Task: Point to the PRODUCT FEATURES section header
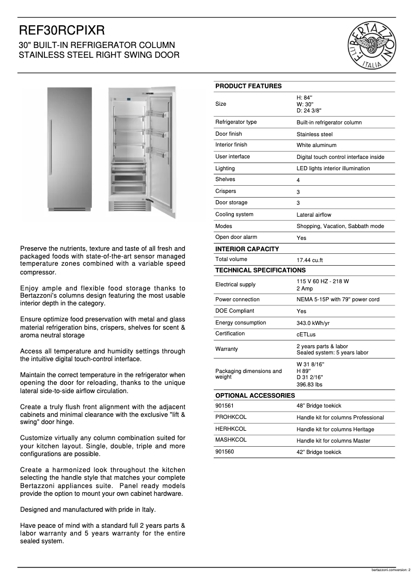click(248, 86)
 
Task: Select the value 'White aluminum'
click(316, 145)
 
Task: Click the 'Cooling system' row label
click(234, 214)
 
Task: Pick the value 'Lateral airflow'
click(314, 215)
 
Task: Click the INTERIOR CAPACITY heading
click(247, 249)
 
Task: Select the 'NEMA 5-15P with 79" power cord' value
click(338, 300)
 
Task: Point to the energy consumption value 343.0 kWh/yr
click(313, 323)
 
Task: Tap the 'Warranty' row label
click(227, 349)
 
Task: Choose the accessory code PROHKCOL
click(231, 417)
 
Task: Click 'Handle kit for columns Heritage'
click(335, 429)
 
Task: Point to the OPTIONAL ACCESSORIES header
click(255, 396)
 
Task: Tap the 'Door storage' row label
click(231, 203)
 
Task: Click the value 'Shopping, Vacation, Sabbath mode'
click(340, 226)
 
